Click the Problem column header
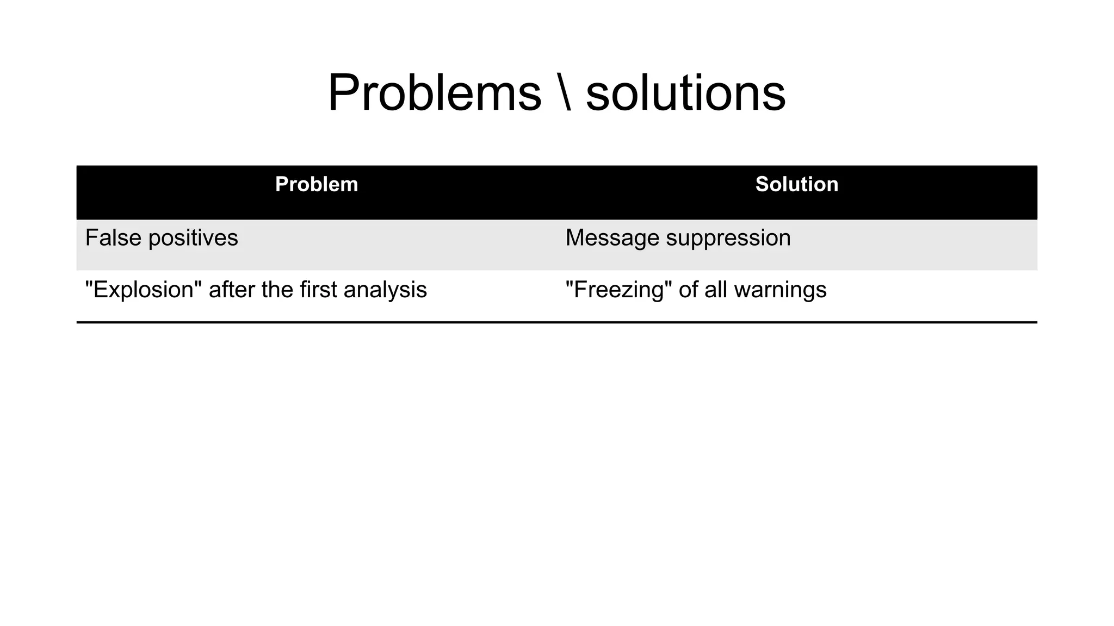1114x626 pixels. click(x=317, y=184)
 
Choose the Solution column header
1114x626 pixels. click(x=796, y=184)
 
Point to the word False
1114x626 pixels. click(x=113, y=238)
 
